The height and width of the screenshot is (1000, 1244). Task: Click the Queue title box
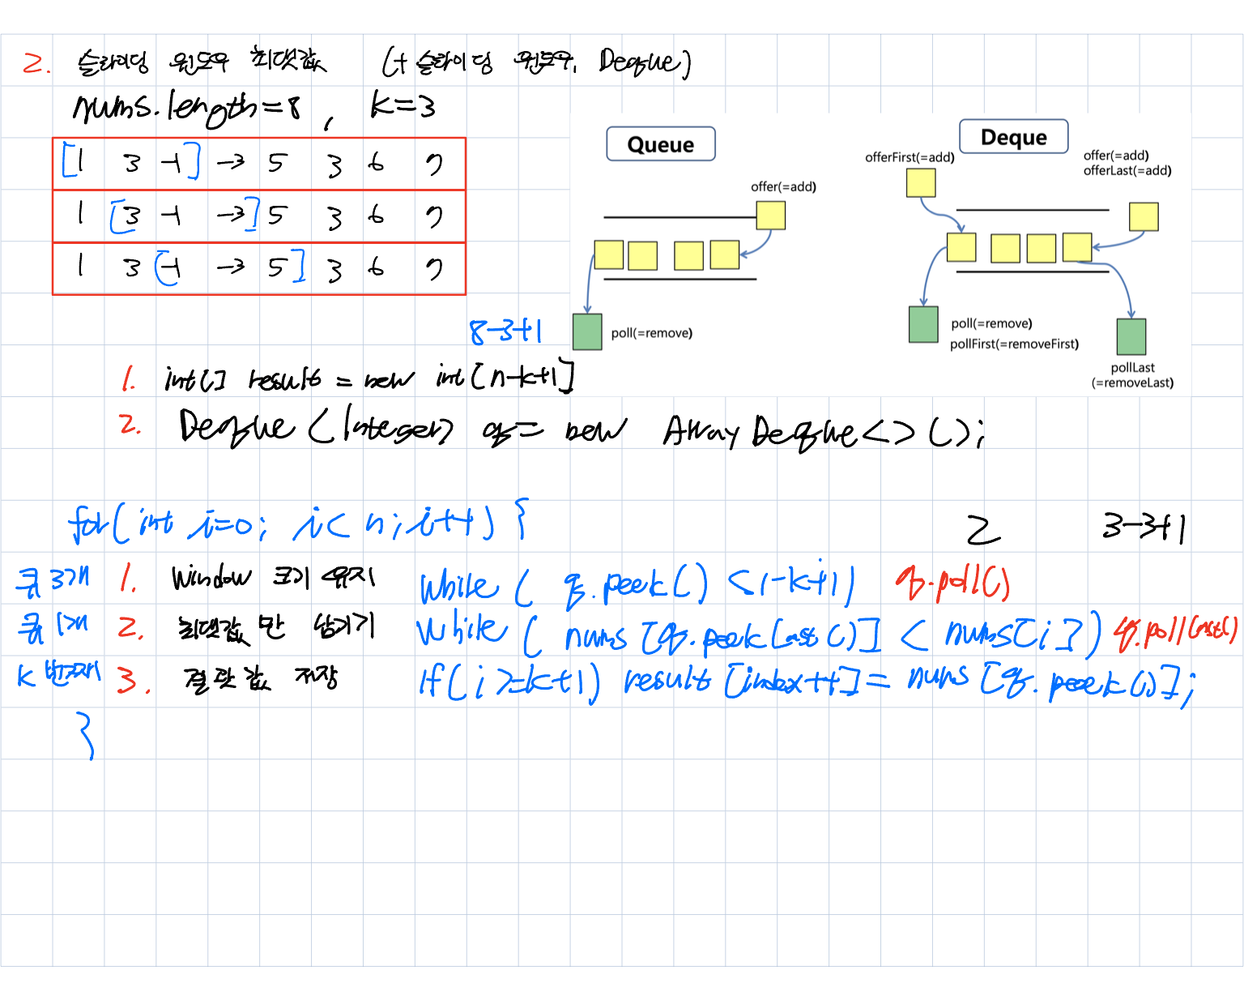[x=660, y=144]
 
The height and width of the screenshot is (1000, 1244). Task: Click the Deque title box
[x=1013, y=137]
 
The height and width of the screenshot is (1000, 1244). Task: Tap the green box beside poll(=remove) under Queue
[x=587, y=331]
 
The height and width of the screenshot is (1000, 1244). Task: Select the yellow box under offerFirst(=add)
[x=921, y=183]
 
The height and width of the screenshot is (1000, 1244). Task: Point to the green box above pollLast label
[x=1131, y=336]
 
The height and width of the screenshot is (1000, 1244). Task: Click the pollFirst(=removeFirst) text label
[x=1014, y=344]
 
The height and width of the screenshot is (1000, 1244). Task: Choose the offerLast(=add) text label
[x=1127, y=170]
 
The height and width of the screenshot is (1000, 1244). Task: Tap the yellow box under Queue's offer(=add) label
[x=770, y=216]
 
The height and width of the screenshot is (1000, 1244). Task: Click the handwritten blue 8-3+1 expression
[x=506, y=331]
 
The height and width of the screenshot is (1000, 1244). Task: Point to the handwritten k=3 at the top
[x=403, y=105]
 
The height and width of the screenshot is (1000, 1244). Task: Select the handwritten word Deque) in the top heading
[x=645, y=62]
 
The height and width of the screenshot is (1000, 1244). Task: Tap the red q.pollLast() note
[x=1176, y=631]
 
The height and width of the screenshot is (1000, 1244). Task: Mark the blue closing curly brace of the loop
[x=86, y=735]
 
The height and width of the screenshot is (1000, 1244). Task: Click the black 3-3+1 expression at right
[x=1144, y=528]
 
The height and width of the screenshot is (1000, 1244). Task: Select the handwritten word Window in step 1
[x=211, y=578]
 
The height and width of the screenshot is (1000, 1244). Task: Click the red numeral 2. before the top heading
[x=36, y=62]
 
